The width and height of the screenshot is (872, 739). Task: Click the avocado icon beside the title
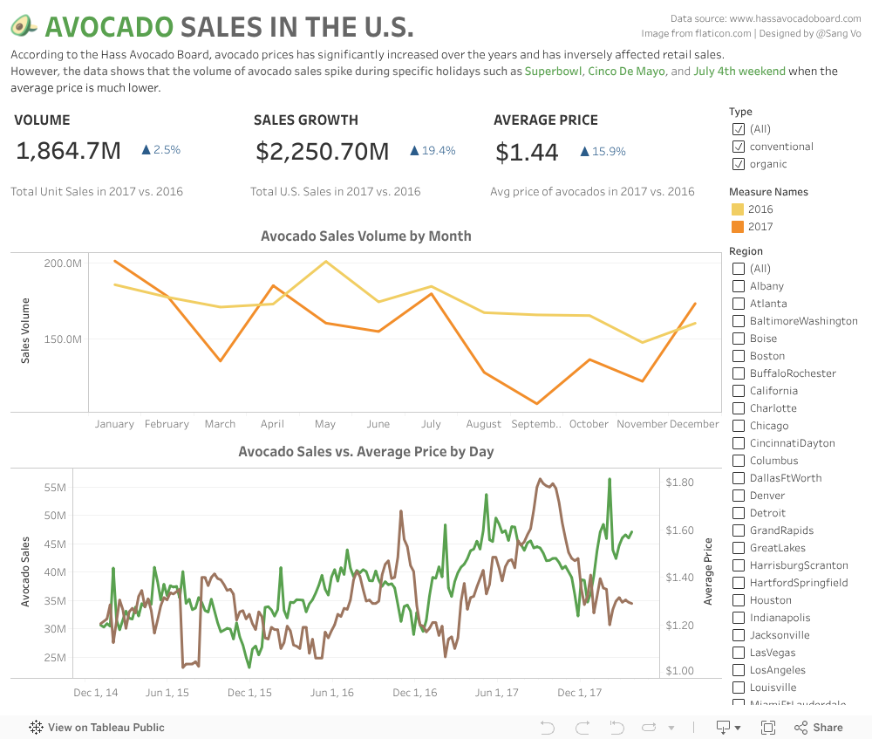(24, 26)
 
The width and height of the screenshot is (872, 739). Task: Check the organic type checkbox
(739, 164)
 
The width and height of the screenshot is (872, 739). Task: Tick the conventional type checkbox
(739, 147)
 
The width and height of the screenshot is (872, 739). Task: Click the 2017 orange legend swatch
(738, 227)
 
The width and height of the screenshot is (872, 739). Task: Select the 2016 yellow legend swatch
(738, 209)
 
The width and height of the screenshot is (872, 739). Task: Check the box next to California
(739, 391)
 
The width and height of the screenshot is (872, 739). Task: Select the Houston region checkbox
(739, 600)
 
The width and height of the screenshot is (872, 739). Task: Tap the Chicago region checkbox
(739, 426)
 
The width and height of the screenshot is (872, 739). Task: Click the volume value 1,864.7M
(69, 151)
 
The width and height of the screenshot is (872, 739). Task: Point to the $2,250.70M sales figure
(322, 151)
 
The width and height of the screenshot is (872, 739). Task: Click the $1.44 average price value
(527, 152)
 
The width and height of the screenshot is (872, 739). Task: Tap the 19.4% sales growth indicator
(433, 151)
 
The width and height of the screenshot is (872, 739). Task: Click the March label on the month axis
(220, 424)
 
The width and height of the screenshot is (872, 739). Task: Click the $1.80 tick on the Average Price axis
(679, 482)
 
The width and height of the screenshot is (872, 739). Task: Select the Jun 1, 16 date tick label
(331, 693)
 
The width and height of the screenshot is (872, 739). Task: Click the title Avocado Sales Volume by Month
(365, 236)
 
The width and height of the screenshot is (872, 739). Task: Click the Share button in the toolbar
(818, 727)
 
